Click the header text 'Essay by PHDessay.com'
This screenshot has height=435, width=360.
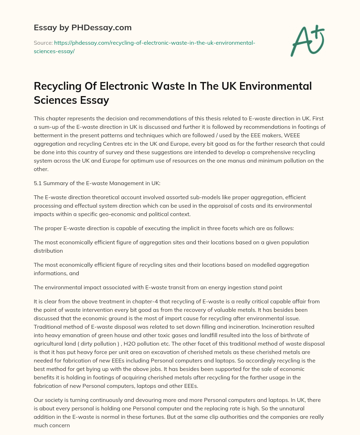tap(83, 27)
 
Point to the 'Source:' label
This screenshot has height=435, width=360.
tap(43, 43)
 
